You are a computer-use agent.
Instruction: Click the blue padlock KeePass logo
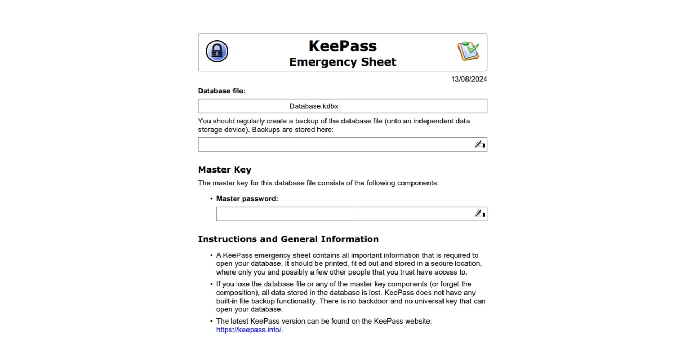217,52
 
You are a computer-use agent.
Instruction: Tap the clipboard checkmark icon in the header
468,51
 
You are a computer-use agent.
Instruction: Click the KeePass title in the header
343,45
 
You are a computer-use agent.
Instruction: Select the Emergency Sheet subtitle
343,62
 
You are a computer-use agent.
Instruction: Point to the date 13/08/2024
469,79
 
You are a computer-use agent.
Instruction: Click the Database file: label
222,91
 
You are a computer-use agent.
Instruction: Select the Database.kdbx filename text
314,106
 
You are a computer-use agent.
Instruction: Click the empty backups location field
334,145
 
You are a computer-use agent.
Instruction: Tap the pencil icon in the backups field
479,145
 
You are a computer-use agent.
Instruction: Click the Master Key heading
224,170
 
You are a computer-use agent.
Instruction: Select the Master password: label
247,199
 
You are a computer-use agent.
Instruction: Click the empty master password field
342,214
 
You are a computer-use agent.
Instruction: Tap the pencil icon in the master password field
479,214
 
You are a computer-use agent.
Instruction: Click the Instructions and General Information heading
288,239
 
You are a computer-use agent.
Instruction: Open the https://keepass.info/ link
248,330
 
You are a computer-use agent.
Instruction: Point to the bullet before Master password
211,199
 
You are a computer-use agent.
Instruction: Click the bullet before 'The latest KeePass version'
211,321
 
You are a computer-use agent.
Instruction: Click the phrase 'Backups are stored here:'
292,129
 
